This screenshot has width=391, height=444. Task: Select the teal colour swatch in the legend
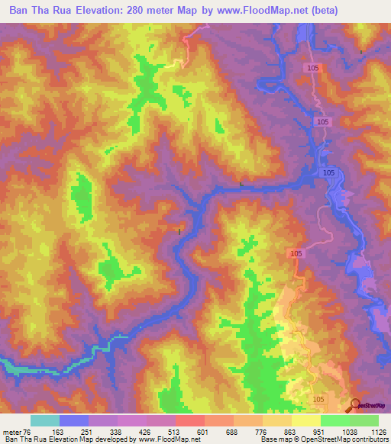tap(45, 420)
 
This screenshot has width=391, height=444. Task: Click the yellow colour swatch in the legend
tap(305, 420)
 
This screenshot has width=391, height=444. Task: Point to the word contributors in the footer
tap(367, 440)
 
